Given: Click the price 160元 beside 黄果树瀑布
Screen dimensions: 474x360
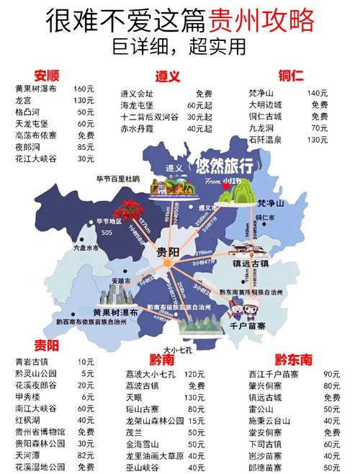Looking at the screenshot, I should (84, 89).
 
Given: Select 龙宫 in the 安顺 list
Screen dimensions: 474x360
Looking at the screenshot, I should (24, 99).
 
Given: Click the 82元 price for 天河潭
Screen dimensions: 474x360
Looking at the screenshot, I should (86, 455).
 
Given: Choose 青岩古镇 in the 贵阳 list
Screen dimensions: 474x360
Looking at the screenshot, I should (30, 362).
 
